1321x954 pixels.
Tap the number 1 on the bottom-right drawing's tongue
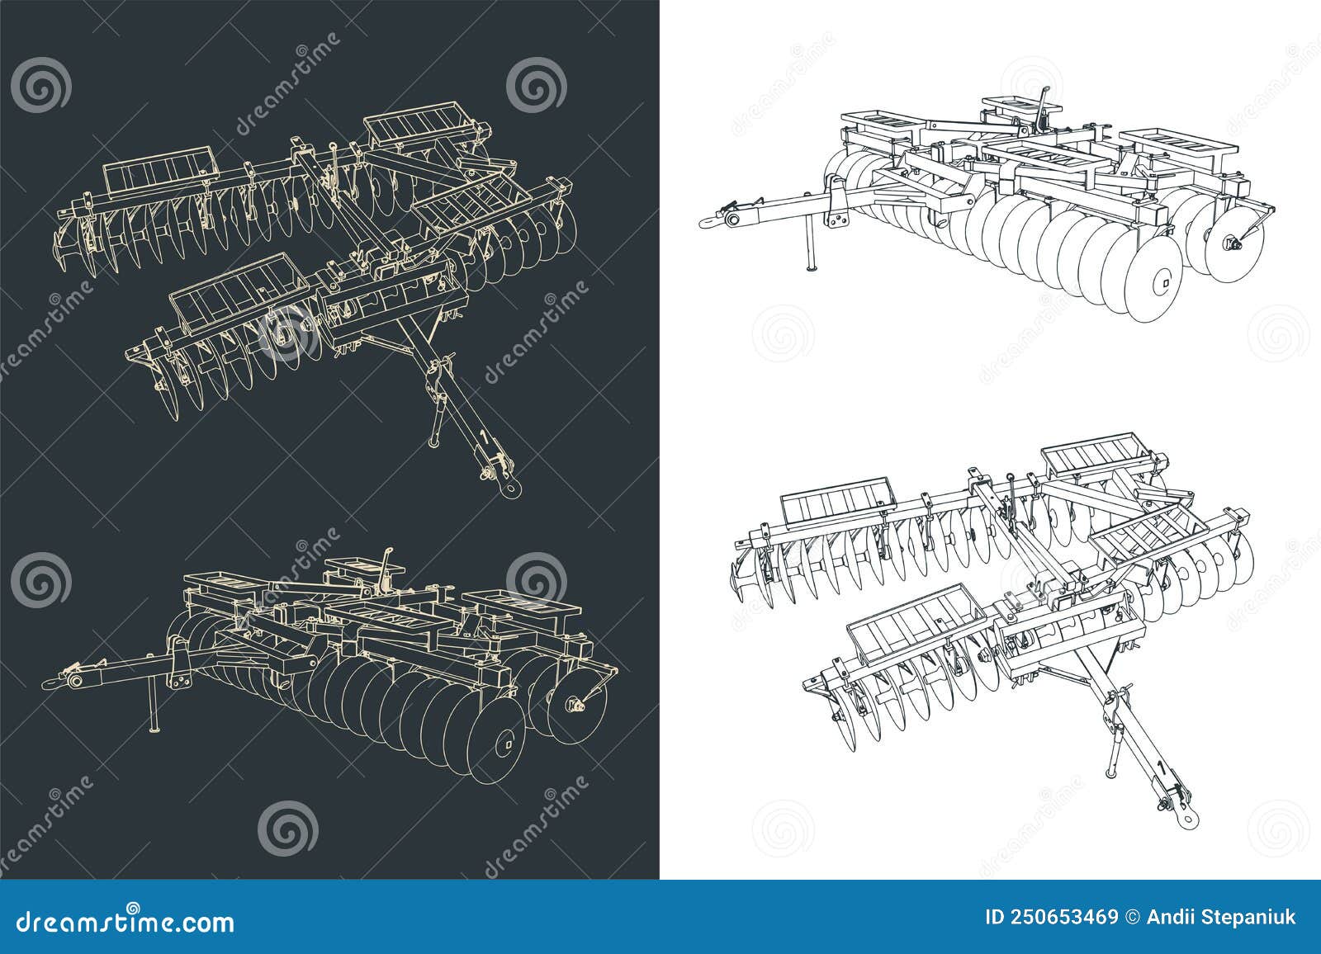pyautogui.click(x=1161, y=769)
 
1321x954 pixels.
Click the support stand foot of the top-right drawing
pyautogui.click(x=812, y=266)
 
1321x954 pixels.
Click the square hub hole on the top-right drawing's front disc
pyautogui.click(x=1164, y=285)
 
